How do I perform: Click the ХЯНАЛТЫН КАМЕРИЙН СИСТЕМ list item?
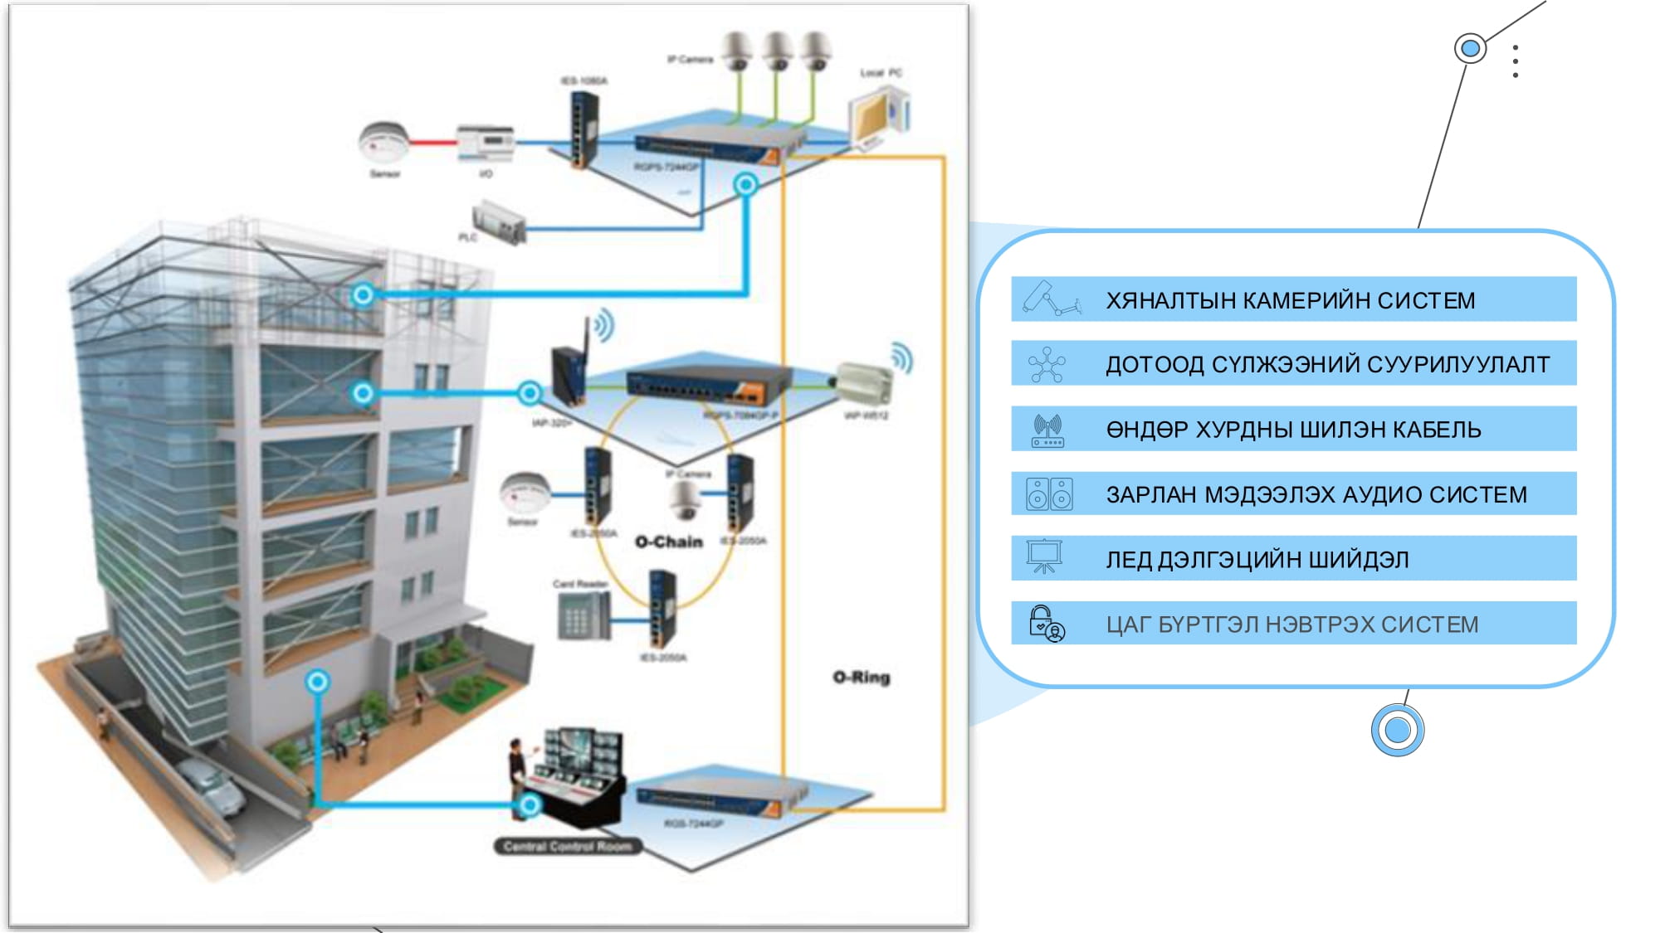click(x=1291, y=299)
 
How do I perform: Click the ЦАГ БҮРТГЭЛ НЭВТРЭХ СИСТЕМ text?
click(x=1291, y=624)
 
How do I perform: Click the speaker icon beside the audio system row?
click(x=1049, y=494)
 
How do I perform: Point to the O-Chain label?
click(x=668, y=542)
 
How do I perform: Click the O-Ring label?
click(x=861, y=677)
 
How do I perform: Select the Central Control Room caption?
click(x=568, y=846)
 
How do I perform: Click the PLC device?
click(x=499, y=222)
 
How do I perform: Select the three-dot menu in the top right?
click(x=1516, y=61)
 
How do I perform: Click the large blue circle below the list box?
click(x=1398, y=730)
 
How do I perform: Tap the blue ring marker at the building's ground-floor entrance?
click(x=317, y=682)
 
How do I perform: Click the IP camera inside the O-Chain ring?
click(x=686, y=498)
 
